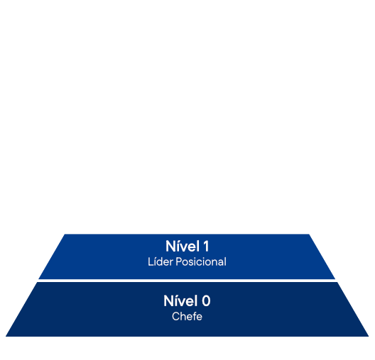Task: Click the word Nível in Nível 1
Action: pos(183,246)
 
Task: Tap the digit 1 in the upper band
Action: pos(206,246)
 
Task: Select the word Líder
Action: pos(161,261)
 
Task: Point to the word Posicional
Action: pos(201,261)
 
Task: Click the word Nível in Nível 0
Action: pos(180,301)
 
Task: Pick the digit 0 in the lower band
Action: pos(206,301)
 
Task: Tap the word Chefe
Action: pos(187,316)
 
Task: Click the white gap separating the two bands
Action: pos(187,281)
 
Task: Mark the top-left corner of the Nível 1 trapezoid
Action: pos(65,235)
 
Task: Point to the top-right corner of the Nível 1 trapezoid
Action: pos(309,235)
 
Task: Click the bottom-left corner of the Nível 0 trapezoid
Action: pos(6,337)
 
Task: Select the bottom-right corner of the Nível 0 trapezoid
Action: pos(369,337)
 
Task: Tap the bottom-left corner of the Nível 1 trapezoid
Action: pos(39,279)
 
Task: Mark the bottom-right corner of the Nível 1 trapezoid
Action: pos(335,279)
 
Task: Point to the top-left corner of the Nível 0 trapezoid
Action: pos(37,282)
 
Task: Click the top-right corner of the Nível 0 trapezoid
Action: pos(337,282)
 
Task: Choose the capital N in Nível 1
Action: pos(170,246)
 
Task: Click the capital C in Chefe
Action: pos(176,316)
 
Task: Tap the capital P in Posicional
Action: pos(179,261)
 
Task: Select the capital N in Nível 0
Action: pos(168,301)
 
